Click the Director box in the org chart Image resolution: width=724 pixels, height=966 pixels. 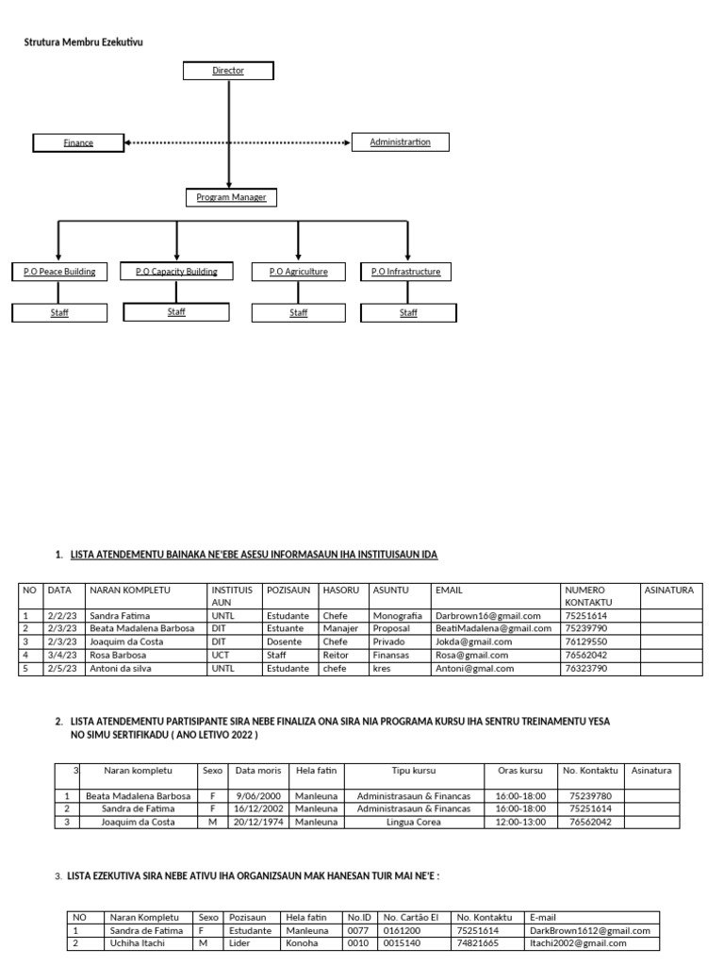click(228, 71)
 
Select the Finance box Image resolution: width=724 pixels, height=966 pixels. click(78, 142)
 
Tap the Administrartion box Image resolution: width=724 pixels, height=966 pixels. click(400, 142)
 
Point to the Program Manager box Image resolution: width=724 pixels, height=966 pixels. click(231, 197)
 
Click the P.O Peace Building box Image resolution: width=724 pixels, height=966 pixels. click(59, 272)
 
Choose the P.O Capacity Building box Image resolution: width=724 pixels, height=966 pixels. click(176, 272)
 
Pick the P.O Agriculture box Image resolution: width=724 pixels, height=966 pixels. click(298, 272)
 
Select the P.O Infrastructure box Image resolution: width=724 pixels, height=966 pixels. click(407, 272)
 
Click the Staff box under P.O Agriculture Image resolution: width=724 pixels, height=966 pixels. click(298, 312)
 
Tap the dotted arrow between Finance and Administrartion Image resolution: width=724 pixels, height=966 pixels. click(236, 142)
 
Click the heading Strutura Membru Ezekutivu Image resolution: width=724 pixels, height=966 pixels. click(84, 42)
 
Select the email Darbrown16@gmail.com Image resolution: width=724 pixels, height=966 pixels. click(487, 615)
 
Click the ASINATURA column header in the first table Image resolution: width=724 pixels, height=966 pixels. click(668, 590)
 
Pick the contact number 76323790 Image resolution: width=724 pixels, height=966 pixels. click(585, 668)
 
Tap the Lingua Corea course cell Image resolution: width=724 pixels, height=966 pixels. click(413, 822)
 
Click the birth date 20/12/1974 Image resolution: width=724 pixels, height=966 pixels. click(256, 822)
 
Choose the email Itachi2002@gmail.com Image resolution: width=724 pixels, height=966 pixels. click(579, 942)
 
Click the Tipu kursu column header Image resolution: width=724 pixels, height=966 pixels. click(413, 771)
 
